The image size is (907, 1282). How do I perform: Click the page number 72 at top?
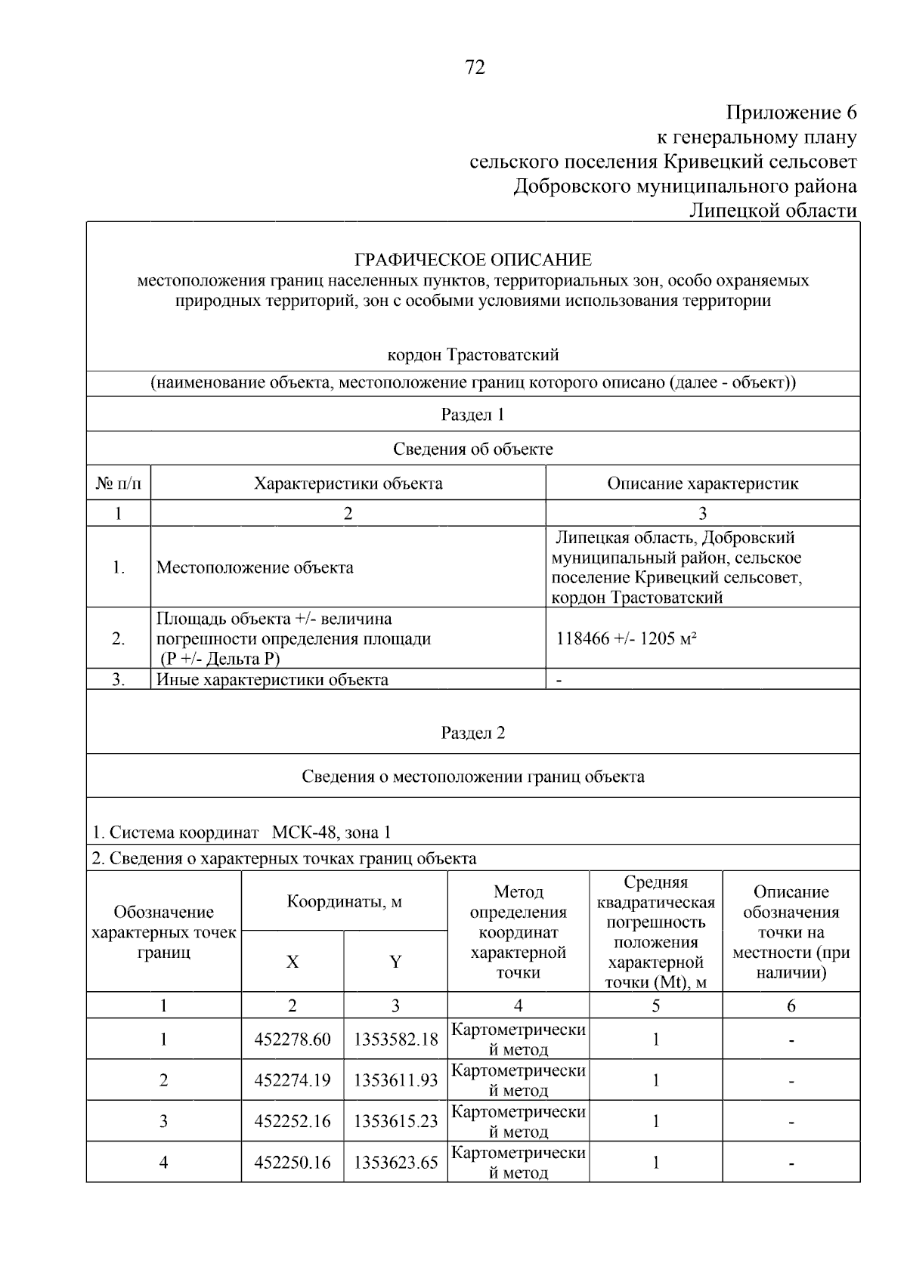coord(474,68)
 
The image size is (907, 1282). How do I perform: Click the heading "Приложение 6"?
coord(791,113)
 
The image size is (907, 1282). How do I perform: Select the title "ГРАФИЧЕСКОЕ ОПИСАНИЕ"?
coord(473,260)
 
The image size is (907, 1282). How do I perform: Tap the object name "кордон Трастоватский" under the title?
coord(473,354)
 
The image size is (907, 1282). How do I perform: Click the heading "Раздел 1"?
coord(473,414)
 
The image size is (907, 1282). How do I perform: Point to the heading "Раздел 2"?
coord(473,733)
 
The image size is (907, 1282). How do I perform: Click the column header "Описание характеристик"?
coord(702,483)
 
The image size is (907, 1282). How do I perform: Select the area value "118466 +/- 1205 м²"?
coord(626,638)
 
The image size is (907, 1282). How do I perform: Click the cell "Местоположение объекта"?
coord(255,567)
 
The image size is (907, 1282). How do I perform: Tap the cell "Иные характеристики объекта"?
coord(272,679)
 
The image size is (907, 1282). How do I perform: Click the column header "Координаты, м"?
coord(344,901)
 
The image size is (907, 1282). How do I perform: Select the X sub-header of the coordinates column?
coord(293,962)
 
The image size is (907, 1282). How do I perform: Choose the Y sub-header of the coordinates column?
coord(395,962)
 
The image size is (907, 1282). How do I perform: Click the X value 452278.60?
coord(293,1040)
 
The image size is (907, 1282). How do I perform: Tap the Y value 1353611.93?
coord(395,1080)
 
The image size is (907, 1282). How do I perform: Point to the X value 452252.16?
coord(293,1121)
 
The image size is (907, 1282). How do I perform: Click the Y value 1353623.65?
coord(395,1162)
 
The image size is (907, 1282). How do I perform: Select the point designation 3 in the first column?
coord(163,1121)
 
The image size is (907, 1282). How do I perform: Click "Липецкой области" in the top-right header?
coord(772,210)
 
